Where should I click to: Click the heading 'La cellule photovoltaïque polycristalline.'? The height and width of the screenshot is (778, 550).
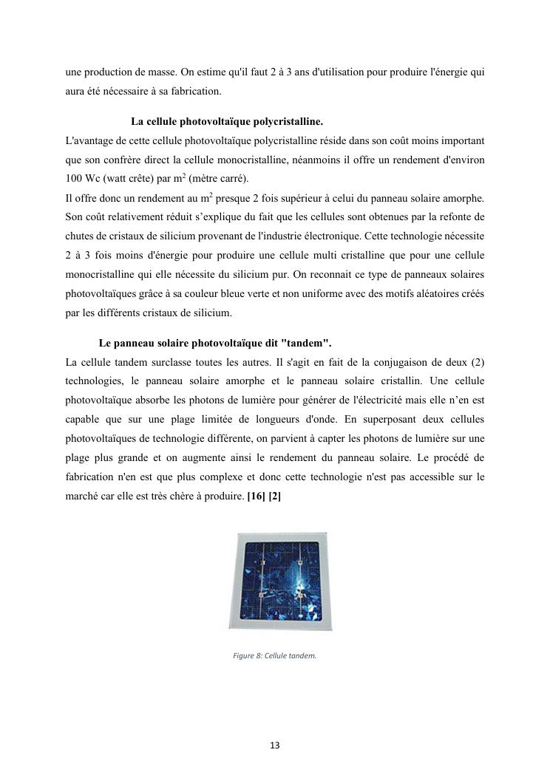(226, 121)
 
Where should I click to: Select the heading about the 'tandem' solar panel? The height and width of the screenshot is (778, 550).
(215, 344)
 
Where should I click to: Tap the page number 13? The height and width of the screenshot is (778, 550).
(274, 745)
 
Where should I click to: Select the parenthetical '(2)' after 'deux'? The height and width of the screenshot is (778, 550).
(477, 363)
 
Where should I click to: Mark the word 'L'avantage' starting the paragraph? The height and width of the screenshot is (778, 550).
(91, 140)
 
